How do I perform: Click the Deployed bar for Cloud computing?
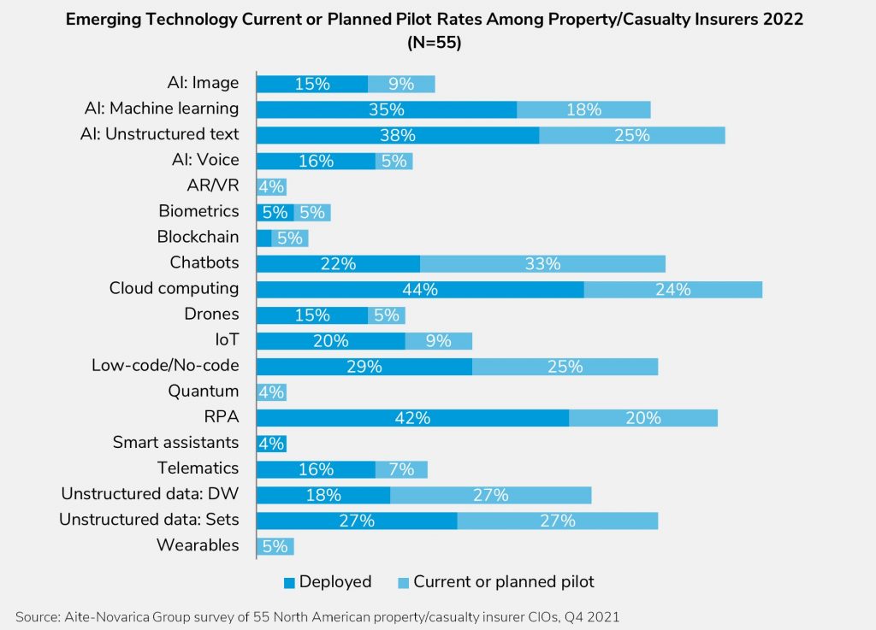[420, 289]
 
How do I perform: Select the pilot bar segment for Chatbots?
[542, 263]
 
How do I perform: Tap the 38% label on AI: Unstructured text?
[398, 135]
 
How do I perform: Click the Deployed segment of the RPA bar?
[412, 417]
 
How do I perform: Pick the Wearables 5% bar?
[275, 545]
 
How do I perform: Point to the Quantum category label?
[203, 392]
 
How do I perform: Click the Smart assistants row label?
[175, 443]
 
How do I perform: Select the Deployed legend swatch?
[289, 582]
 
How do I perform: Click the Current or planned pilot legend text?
[503, 582]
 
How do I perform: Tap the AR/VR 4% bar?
[272, 186]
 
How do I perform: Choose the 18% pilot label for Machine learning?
[583, 109]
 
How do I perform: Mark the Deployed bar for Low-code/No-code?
[364, 366]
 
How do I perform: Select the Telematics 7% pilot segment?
[401, 468]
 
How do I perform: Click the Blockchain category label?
[198, 238]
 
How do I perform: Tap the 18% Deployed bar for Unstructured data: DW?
[323, 494]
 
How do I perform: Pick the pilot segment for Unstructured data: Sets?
[557, 520]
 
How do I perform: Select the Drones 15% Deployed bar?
[312, 315]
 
